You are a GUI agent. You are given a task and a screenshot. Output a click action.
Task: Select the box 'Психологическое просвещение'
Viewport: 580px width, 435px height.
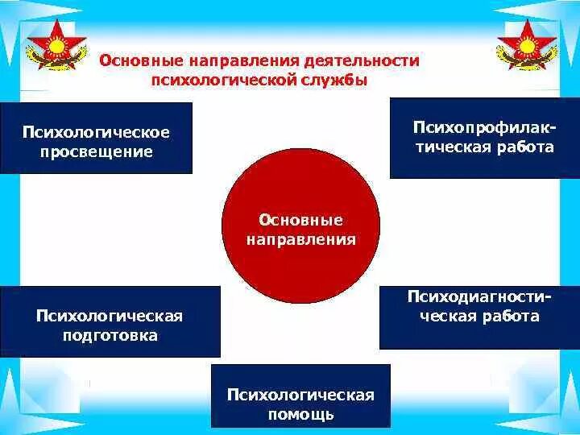pyautogui.click(x=97, y=139)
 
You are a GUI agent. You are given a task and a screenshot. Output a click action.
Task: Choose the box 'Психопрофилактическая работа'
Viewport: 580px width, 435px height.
pyautogui.click(x=484, y=138)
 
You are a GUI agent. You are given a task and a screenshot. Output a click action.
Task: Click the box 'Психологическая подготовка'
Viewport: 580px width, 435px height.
pyautogui.click(x=110, y=321)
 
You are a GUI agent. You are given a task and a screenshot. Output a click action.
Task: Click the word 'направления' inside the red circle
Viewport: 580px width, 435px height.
pyautogui.click(x=300, y=240)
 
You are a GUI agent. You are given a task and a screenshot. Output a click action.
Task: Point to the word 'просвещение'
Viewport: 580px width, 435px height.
pyautogui.click(x=97, y=151)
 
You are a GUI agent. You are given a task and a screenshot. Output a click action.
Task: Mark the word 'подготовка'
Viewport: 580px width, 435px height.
pyautogui.click(x=110, y=335)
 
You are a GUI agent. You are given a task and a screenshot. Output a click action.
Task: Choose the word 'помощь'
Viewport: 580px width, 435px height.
pyautogui.click(x=300, y=416)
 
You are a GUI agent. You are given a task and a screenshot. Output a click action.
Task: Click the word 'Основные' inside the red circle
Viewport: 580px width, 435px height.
pyautogui.click(x=300, y=220)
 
